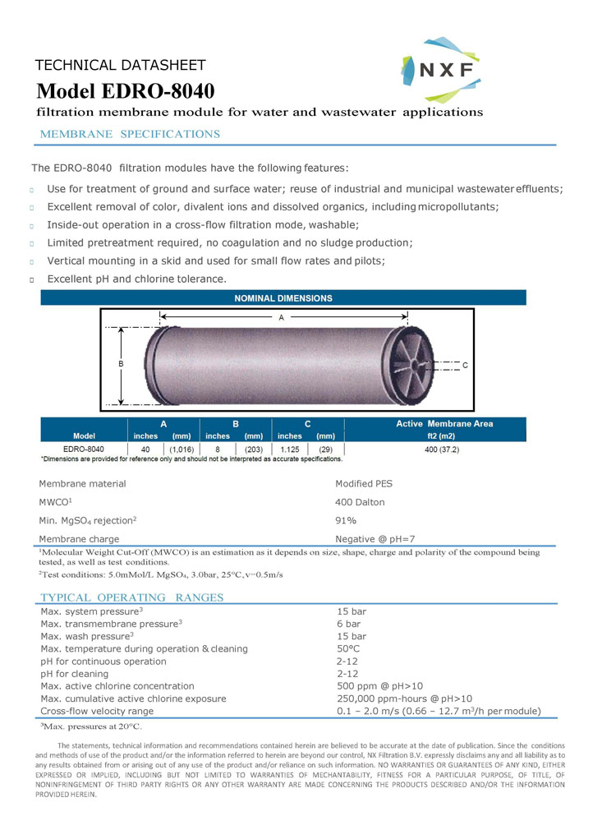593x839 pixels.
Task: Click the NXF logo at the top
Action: click(440, 69)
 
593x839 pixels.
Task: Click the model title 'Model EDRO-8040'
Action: click(126, 90)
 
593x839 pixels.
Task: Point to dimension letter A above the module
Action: click(282, 316)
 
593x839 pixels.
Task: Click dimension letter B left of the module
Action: click(120, 362)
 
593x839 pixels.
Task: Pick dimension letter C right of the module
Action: click(465, 365)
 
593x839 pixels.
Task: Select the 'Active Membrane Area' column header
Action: click(444, 424)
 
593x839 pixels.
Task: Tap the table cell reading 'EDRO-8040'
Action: click(84, 449)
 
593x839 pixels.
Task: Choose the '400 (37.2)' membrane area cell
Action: click(442, 449)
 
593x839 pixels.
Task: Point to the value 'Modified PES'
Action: click(364, 484)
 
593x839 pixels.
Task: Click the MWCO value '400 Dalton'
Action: click(360, 502)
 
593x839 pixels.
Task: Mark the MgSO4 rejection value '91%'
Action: click(346, 520)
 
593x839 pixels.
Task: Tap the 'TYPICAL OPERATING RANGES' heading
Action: click(132, 597)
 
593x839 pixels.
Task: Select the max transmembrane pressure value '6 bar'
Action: click(349, 624)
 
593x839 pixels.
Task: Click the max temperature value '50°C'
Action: click(348, 648)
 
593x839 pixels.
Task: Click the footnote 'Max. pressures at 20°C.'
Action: click(91, 727)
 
